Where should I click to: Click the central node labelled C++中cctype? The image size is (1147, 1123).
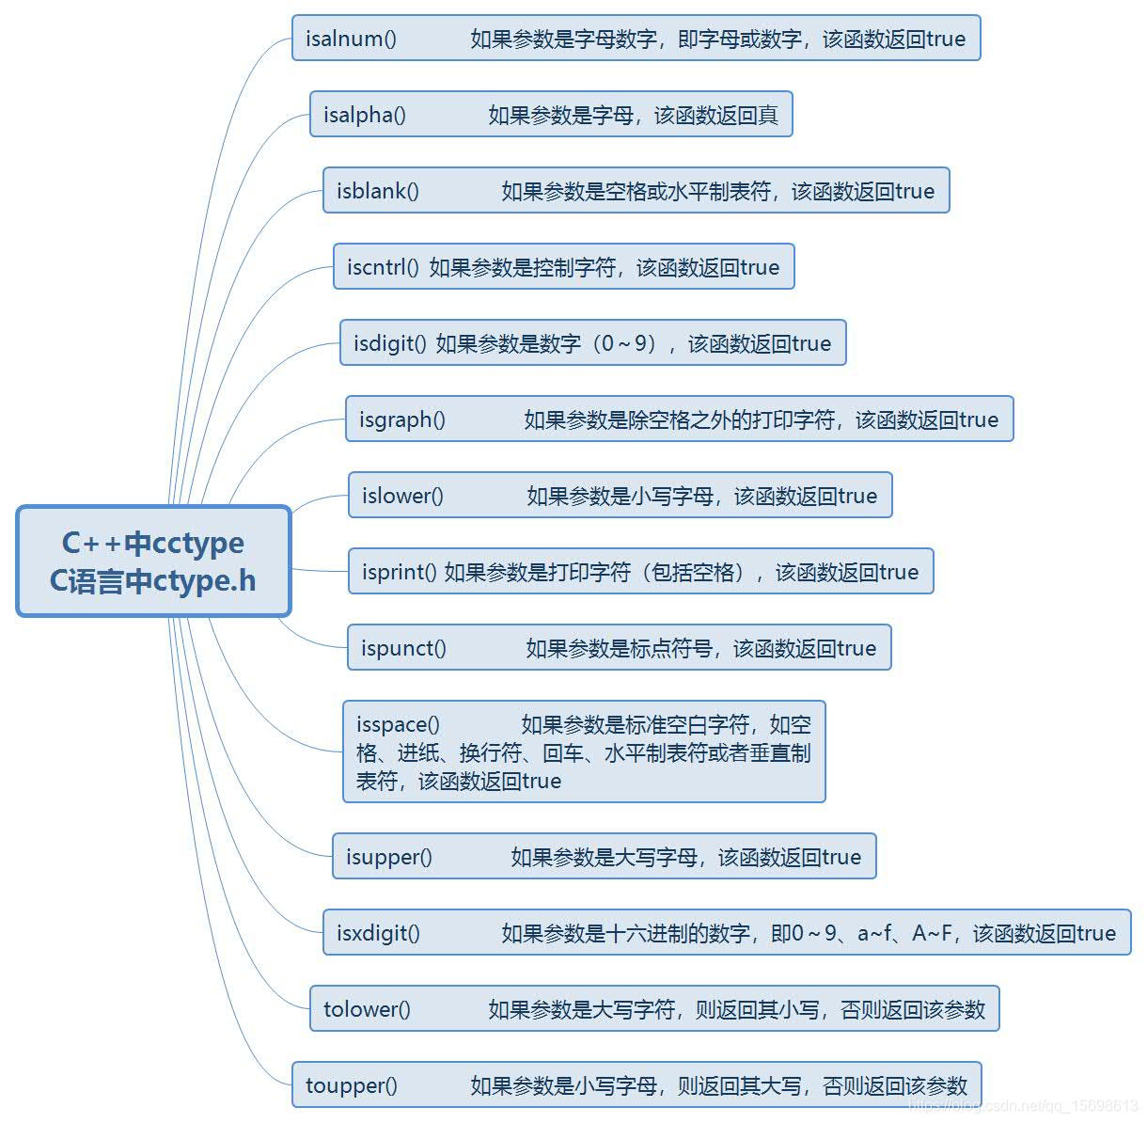pyautogui.click(x=153, y=544)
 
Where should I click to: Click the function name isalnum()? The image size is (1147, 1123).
pyautogui.click(x=351, y=40)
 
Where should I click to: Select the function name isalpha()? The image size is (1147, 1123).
pyautogui.click(x=365, y=116)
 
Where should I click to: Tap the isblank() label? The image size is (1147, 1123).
pyautogui.click(x=378, y=192)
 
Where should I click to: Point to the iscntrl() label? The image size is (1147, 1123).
pyautogui.click(x=383, y=268)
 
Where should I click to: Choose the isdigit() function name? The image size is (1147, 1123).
pyautogui.click(x=390, y=344)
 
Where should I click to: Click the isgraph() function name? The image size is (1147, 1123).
pyautogui.click(x=402, y=420)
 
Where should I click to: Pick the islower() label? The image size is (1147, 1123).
pyautogui.click(x=402, y=497)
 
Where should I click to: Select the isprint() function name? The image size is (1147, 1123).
pyautogui.click(x=400, y=573)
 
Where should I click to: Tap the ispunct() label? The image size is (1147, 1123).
pyautogui.click(x=403, y=649)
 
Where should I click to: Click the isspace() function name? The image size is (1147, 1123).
pyautogui.click(x=398, y=725)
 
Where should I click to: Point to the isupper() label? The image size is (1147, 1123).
pyautogui.click(x=389, y=858)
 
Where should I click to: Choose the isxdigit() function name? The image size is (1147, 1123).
pyautogui.click(x=378, y=934)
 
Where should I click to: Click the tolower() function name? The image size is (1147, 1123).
pyautogui.click(x=367, y=1010)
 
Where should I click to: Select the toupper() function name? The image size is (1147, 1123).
pyautogui.click(x=352, y=1086)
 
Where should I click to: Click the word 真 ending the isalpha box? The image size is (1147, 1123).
pyautogui.click(x=768, y=116)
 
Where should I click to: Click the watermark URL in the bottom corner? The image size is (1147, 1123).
pyautogui.click(x=1025, y=1106)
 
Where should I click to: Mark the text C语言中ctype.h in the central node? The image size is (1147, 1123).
pyautogui.click(x=153, y=581)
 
